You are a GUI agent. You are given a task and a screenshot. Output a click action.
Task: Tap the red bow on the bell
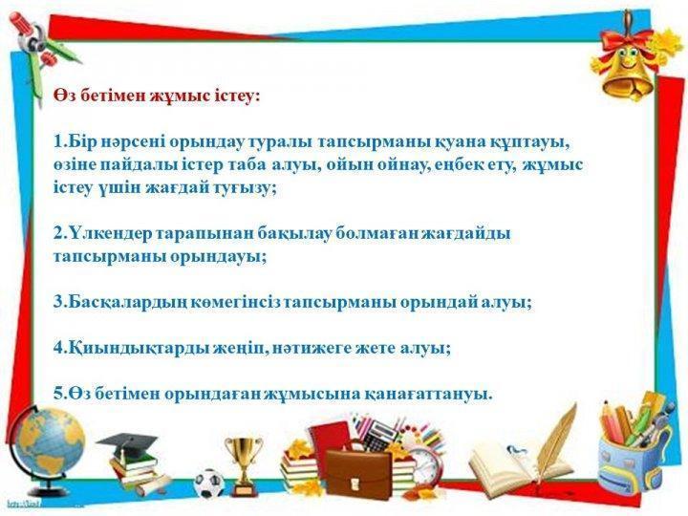pyautogui.click(x=627, y=42)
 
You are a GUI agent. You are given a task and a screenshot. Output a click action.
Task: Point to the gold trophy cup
pyautogui.click(x=244, y=466)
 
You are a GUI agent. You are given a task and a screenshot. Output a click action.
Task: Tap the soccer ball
pyautogui.click(x=209, y=484)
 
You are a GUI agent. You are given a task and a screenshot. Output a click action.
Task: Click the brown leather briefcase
pyautogui.click(x=358, y=474)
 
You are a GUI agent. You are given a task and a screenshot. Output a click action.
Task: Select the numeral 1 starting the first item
pyautogui.click(x=58, y=142)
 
